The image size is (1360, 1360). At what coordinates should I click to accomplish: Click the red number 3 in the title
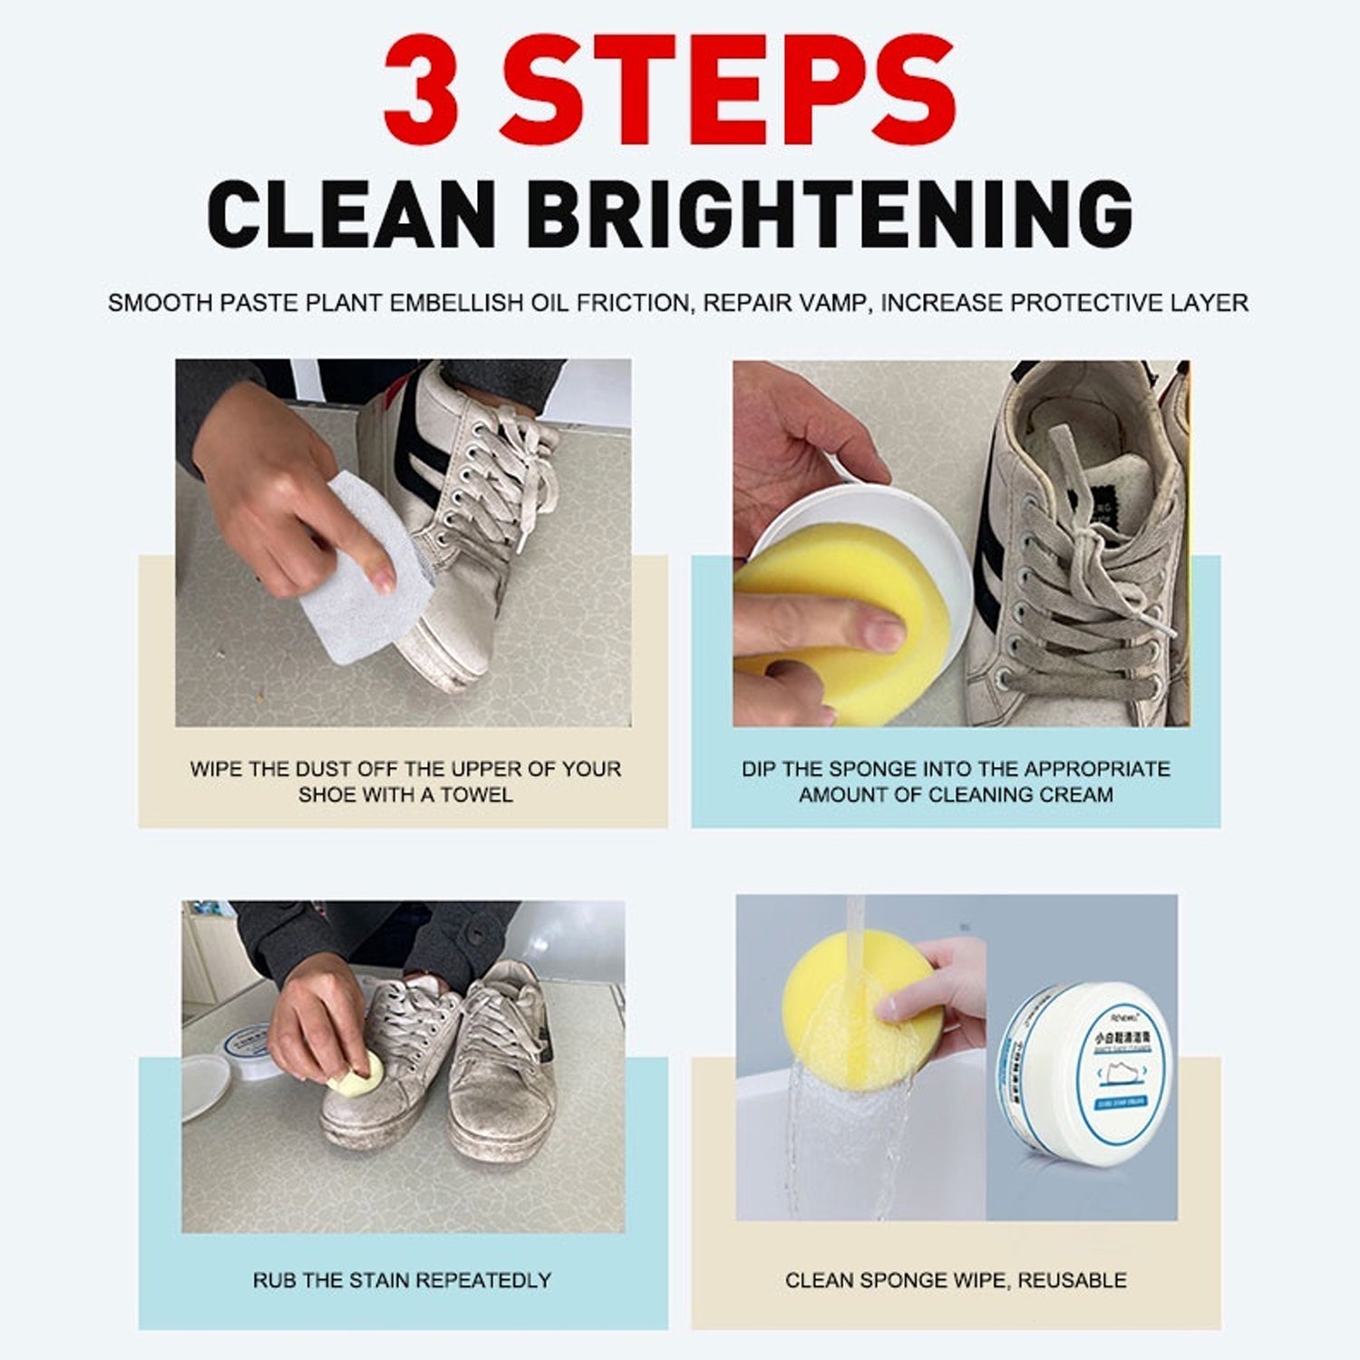tap(423, 88)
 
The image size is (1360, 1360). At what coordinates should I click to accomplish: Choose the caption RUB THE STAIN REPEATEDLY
tap(402, 1280)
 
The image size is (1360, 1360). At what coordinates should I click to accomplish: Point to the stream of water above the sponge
tap(855, 925)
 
